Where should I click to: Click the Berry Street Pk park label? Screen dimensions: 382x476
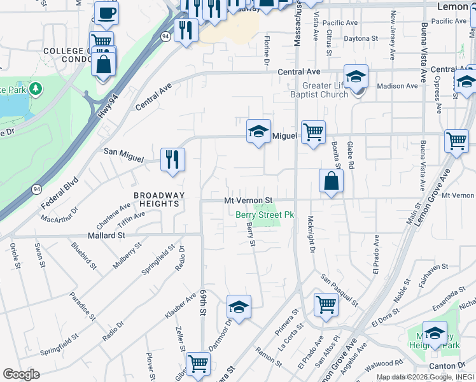[x=265, y=215]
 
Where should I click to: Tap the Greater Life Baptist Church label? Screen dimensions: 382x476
[x=317, y=89]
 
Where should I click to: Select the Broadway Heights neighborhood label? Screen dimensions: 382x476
[x=158, y=199]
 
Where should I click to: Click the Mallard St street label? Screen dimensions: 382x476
[x=106, y=235]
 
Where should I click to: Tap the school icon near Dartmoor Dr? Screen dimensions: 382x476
[x=239, y=307]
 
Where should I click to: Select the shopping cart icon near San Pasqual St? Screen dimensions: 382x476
[x=326, y=304]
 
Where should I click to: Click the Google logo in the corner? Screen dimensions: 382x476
[x=21, y=374]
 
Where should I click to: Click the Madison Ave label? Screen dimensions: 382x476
[x=398, y=86]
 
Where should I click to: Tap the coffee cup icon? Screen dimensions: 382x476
[x=106, y=12]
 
